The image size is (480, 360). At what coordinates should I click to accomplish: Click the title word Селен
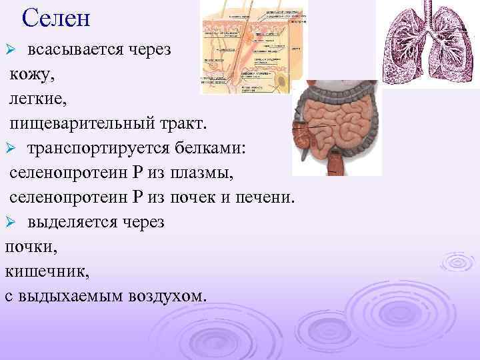[x=55, y=17]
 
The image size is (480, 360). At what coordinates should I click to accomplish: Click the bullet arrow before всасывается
[x=10, y=51]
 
